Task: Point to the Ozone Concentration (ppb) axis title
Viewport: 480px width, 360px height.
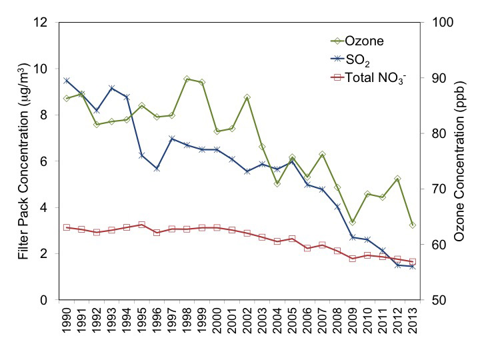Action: tap(460, 161)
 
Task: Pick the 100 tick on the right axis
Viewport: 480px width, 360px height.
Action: tap(437, 22)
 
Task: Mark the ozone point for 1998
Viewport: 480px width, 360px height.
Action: tap(187, 79)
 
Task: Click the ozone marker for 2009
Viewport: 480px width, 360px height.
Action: tap(352, 221)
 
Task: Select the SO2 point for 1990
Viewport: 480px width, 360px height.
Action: tap(67, 81)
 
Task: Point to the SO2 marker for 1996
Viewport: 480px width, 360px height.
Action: tap(157, 169)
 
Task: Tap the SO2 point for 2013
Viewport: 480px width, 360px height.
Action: tap(413, 266)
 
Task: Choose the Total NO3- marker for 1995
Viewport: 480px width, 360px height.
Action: tap(141, 225)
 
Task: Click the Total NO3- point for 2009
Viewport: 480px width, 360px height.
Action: tap(352, 259)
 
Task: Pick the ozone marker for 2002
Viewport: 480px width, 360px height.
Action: tap(247, 97)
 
